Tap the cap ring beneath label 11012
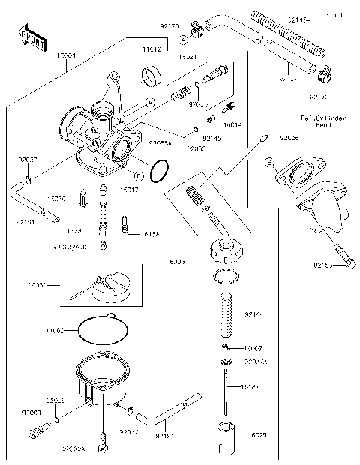[x=151, y=75]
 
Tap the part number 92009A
[x=73, y=448]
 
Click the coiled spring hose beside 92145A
[x=289, y=33]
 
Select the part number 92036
[x=290, y=139]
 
